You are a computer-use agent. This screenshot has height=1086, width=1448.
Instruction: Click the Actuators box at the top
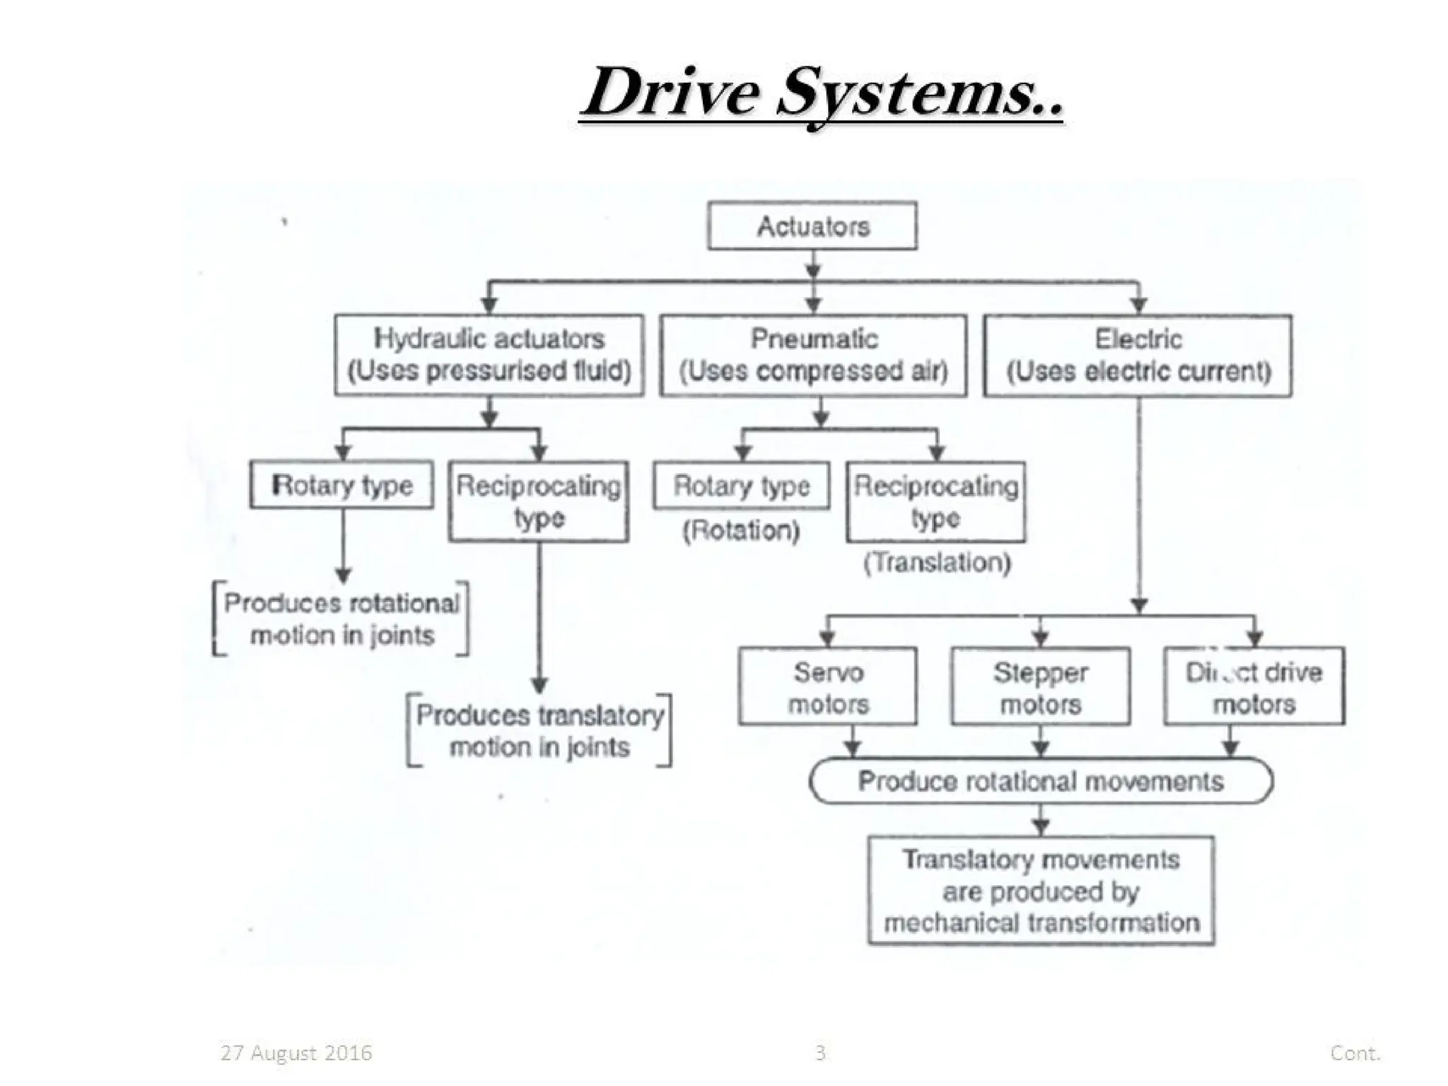(x=812, y=226)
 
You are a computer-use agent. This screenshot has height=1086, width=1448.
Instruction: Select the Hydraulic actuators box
(x=489, y=355)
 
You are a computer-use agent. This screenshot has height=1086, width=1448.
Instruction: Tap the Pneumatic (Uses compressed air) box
(x=813, y=355)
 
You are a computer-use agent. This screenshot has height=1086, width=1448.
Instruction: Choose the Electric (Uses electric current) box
(x=1138, y=355)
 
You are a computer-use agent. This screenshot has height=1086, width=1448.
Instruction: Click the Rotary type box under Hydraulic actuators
(x=342, y=485)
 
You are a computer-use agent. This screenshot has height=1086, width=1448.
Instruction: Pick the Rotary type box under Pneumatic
(x=742, y=486)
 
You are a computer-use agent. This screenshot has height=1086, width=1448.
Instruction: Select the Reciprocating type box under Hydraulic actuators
(x=539, y=501)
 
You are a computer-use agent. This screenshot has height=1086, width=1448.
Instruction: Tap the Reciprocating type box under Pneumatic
(x=936, y=501)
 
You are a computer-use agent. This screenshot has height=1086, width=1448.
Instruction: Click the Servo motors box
(x=828, y=687)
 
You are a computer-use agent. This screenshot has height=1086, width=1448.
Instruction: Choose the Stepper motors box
(x=1041, y=687)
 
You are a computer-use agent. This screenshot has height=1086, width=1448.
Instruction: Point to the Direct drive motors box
(x=1254, y=687)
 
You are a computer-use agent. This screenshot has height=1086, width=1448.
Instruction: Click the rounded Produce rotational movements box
(x=1041, y=781)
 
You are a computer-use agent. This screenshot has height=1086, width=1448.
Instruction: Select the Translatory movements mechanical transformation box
(x=1041, y=891)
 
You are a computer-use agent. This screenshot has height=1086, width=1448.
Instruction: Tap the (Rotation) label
(x=741, y=530)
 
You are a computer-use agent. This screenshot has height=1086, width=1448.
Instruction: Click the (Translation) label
(x=938, y=563)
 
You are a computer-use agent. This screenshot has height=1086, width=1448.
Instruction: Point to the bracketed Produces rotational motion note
(x=341, y=619)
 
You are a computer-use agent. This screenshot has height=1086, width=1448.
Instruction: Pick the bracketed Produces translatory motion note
(x=539, y=730)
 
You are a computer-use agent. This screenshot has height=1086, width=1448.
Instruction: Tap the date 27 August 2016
(x=296, y=1053)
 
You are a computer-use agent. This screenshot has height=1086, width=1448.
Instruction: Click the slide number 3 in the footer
(x=820, y=1053)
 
